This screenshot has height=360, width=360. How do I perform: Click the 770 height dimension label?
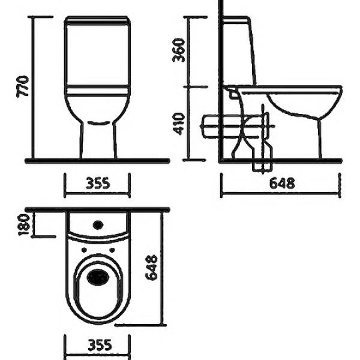click(x=23, y=86)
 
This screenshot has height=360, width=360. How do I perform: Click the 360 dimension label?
click(x=178, y=50)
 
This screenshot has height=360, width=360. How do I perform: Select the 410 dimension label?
click(x=178, y=124)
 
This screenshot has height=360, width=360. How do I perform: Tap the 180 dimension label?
click(x=24, y=225)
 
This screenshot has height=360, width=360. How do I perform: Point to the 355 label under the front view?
click(x=98, y=183)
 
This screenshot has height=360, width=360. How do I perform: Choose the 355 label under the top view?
click(x=100, y=345)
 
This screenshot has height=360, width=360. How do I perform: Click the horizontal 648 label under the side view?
click(x=282, y=183)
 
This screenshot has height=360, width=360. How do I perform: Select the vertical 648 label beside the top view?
click(x=152, y=268)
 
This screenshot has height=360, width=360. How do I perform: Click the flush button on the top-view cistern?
click(x=98, y=225)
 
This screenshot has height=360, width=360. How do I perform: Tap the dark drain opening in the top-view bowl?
click(x=98, y=277)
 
